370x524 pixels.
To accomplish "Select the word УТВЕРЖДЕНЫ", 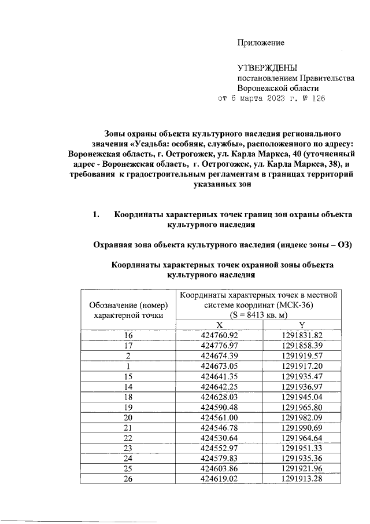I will (267, 68).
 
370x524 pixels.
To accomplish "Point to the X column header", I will (220, 325).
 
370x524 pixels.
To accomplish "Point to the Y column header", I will (302, 325).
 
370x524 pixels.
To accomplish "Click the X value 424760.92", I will (219, 335).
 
